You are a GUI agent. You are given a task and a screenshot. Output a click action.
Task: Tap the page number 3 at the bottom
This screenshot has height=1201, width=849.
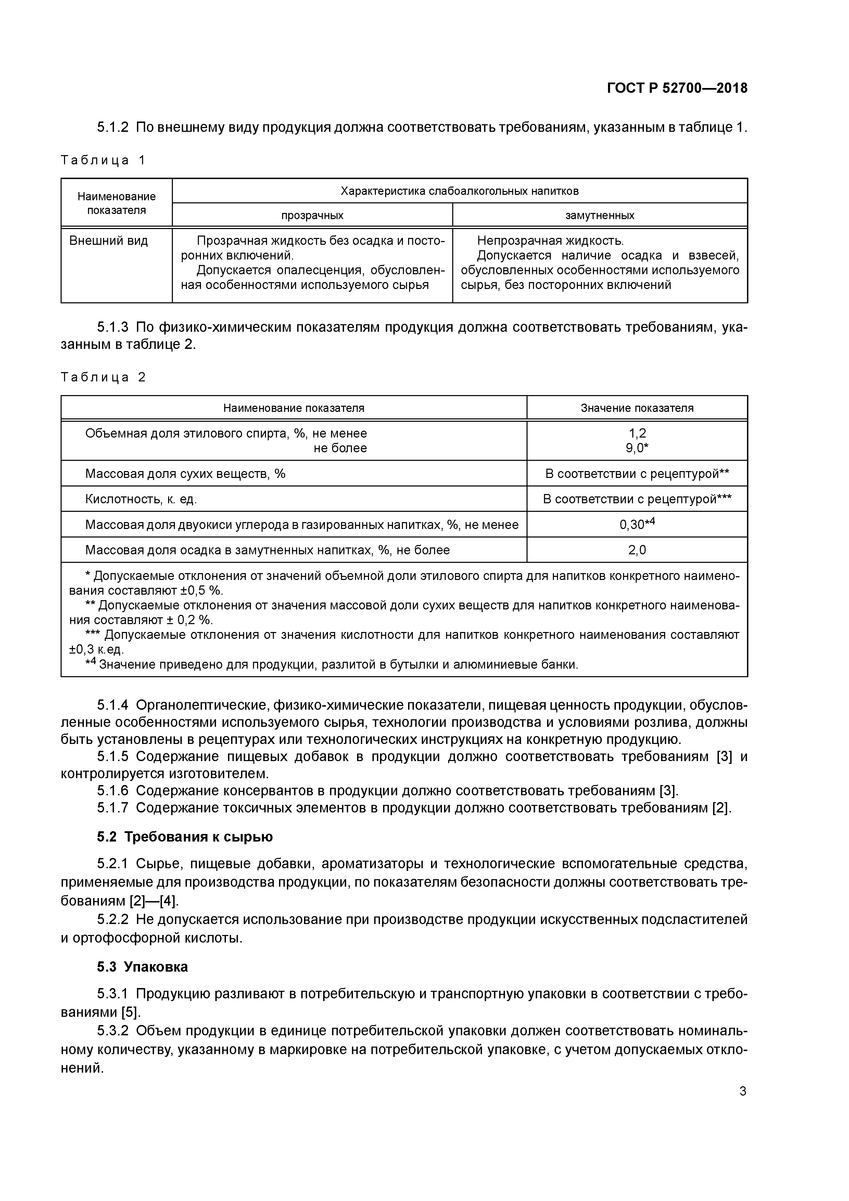(x=743, y=1091)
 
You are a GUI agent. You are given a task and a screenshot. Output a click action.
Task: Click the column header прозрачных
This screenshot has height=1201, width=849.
(x=312, y=215)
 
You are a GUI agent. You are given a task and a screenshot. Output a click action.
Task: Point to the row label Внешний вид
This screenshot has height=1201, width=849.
(x=109, y=241)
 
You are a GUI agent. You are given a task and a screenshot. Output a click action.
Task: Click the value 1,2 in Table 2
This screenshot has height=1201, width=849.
(x=637, y=433)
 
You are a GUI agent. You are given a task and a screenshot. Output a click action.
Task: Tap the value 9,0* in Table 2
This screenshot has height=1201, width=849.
(x=637, y=448)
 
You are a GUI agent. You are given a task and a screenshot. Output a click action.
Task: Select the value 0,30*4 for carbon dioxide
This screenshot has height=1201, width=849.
(x=637, y=524)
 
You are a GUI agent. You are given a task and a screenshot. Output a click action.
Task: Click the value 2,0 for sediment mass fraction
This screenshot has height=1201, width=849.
(x=637, y=550)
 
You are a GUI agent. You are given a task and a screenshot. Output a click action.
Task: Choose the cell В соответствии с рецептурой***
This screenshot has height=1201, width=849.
(x=637, y=499)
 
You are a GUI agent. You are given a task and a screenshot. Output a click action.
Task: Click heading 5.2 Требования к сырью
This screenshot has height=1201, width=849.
(x=185, y=837)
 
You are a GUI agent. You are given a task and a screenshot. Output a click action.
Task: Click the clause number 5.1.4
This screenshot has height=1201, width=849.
(x=113, y=706)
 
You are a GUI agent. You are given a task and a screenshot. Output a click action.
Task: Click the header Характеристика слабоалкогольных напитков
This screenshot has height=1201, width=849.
(x=459, y=191)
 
